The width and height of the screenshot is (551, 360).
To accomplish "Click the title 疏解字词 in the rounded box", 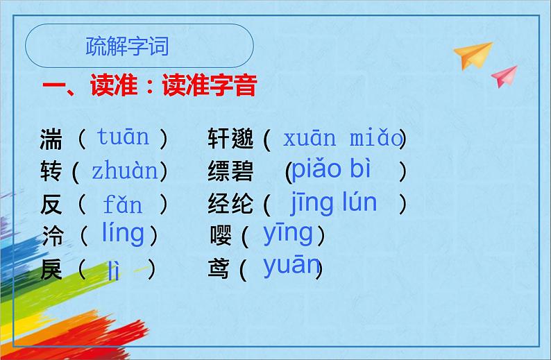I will click(x=127, y=46).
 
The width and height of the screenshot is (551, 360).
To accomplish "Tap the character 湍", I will click(x=51, y=139).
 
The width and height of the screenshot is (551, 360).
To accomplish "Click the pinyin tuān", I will click(x=123, y=137).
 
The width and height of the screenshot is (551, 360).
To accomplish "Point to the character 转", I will click(x=51, y=171).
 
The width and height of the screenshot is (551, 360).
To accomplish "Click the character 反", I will click(x=51, y=204).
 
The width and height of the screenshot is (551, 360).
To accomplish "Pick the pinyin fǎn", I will click(x=123, y=205).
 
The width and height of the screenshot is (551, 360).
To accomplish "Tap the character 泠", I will click(x=51, y=237).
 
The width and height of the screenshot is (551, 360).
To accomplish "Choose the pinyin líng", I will click(x=123, y=234).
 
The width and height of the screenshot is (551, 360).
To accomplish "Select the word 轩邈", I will click(x=230, y=139).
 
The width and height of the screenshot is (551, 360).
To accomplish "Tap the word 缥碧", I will click(x=230, y=171).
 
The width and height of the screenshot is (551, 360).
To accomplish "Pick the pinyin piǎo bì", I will click(x=332, y=169).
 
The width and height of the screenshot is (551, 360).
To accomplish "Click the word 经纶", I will click(x=230, y=204).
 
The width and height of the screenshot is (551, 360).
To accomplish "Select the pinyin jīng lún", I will click(x=334, y=203).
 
